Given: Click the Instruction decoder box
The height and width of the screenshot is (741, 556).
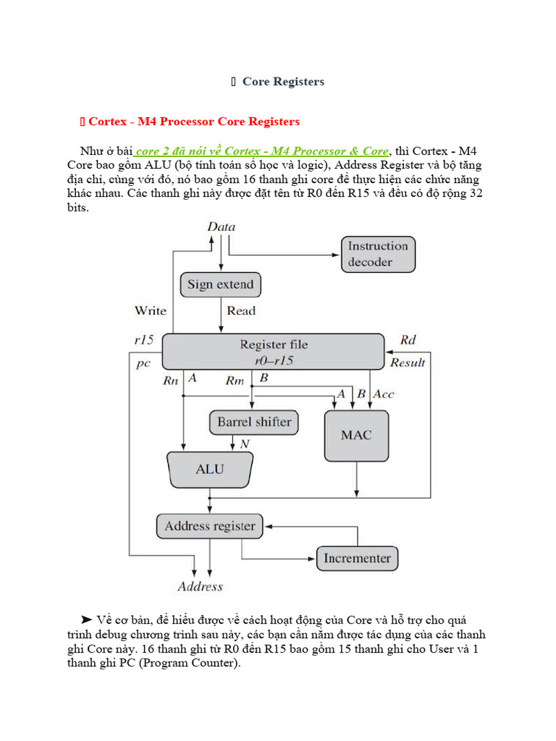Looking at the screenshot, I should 378,254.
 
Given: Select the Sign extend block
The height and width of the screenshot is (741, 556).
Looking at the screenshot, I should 220,284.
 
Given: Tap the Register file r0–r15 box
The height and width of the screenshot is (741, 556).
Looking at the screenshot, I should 273,352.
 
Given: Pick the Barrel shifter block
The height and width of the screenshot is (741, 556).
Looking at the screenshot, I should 254,422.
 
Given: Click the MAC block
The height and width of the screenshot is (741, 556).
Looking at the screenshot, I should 355,436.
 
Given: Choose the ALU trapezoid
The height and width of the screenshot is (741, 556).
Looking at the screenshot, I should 210,469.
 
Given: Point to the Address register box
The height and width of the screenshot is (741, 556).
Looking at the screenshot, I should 210,526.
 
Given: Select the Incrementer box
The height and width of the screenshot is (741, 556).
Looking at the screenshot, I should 357,558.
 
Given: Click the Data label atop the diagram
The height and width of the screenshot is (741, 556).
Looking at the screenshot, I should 221,226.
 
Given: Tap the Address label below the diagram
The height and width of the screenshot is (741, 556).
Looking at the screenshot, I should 201,586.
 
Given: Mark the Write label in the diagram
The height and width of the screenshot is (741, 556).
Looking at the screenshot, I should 150,310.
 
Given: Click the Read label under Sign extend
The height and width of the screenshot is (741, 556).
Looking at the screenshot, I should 241,310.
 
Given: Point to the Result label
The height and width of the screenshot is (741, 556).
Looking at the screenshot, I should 408,363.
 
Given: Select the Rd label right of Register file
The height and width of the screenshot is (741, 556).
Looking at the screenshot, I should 408,340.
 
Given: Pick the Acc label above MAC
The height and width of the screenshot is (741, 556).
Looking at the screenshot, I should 384,394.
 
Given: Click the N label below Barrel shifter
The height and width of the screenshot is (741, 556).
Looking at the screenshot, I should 245,443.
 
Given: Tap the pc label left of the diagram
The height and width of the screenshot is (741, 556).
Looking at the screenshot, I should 143,363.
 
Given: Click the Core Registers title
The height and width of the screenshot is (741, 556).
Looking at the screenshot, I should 283,82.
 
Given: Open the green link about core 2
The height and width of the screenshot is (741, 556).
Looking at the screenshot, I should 262,151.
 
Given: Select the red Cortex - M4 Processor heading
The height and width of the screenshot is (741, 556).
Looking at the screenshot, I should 193,121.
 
